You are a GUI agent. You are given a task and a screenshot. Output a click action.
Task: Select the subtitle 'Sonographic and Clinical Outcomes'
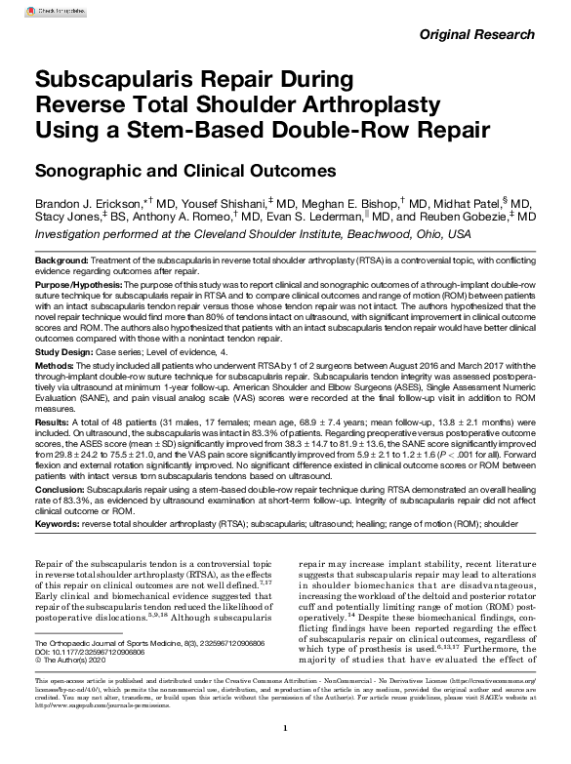[185, 170]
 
